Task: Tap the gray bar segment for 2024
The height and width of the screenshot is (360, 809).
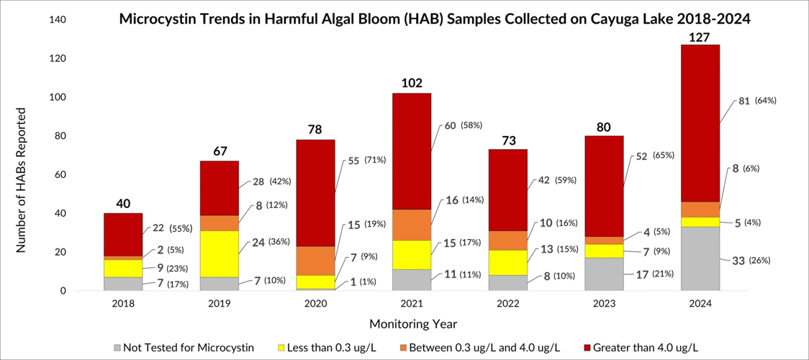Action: (x=700, y=258)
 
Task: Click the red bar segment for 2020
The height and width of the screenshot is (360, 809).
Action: (x=315, y=193)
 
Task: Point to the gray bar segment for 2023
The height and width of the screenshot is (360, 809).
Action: (x=603, y=274)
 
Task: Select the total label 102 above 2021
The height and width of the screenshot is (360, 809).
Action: (x=412, y=83)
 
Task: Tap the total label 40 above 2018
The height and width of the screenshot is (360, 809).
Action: (x=123, y=204)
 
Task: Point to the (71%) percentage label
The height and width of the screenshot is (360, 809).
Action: (x=375, y=159)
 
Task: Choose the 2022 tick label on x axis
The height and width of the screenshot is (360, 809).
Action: (x=507, y=305)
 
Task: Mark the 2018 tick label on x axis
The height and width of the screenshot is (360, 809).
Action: (x=123, y=305)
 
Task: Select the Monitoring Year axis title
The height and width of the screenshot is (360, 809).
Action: (x=412, y=324)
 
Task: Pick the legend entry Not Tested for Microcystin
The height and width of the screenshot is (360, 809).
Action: (x=184, y=348)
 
